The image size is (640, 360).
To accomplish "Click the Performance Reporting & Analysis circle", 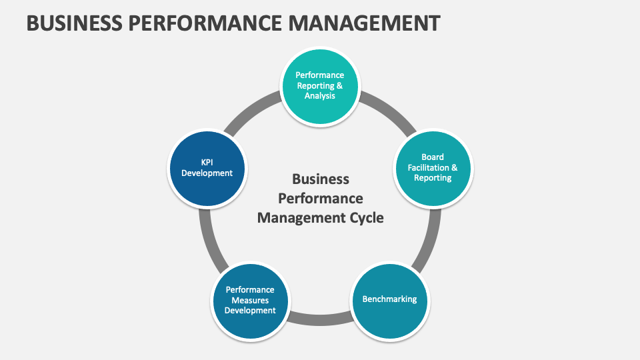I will click(x=320, y=86).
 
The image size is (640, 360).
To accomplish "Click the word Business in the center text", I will click(x=321, y=179).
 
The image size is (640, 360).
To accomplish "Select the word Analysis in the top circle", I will click(x=320, y=95).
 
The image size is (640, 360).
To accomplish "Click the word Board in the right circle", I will click(x=433, y=157).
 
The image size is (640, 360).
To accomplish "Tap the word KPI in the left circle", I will click(x=207, y=162).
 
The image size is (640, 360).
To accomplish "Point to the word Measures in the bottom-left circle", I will click(x=250, y=300).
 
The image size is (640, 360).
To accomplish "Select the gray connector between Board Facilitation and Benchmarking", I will click(x=429, y=237).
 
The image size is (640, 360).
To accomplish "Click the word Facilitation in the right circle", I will click(x=433, y=167).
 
